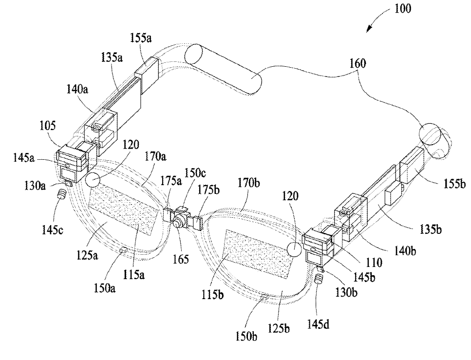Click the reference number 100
pyautogui.click(x=402, y=8)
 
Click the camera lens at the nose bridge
pyautogui.click(x=177, y=222)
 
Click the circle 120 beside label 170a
pyautogui.click(x=93, y=180)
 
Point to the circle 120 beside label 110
pyautogui.click(x=295, y=249)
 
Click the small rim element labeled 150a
pyautogui.click(x=123, y=250)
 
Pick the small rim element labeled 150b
pyautogui.click(x=264, y=297)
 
